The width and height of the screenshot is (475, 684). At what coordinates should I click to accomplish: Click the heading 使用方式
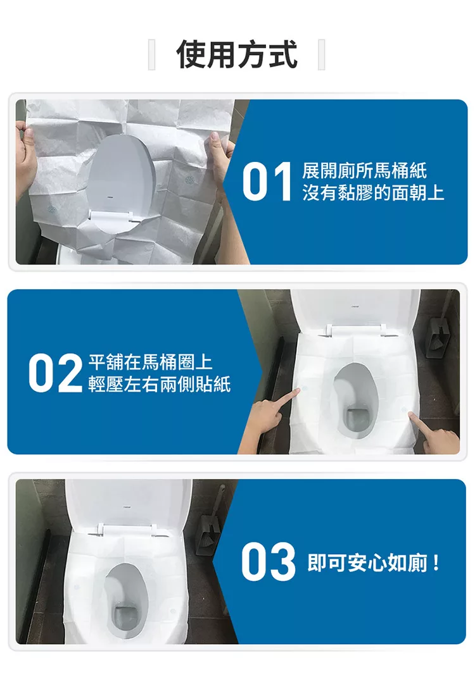[x=237, y=54]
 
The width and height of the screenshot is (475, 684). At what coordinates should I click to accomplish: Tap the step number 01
[x=267, y=181]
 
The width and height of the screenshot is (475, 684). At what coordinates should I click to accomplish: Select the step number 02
[x=56, y=373]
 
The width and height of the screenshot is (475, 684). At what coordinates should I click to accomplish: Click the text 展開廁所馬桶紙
[x=364, y=171]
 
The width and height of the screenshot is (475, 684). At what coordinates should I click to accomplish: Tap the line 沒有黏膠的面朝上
[x=373, y=192]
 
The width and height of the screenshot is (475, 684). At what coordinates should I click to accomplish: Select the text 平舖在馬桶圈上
[x=151, y=363]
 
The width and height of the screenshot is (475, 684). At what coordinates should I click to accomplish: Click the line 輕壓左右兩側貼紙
[x=160, y=384]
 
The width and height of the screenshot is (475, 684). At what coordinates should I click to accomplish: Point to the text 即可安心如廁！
[x=374, y=562]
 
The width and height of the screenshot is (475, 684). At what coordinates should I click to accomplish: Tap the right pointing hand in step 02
[x=432, y=434]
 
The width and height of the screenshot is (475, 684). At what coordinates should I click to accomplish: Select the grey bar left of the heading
[x=151, y=54]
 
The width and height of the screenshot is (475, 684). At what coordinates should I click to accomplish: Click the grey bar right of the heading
[x=321, y=54]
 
